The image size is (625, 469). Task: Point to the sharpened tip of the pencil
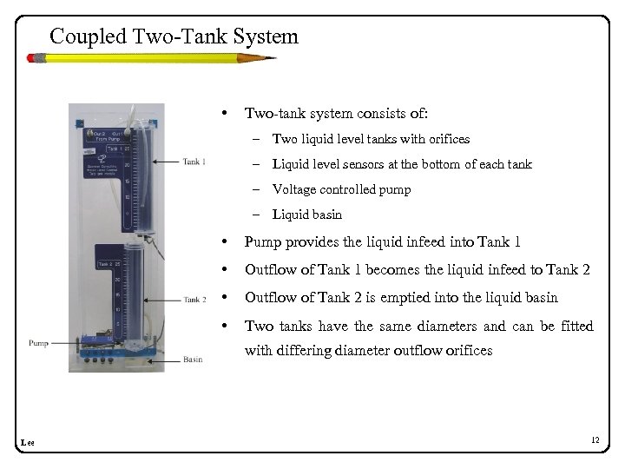tap(273, 58)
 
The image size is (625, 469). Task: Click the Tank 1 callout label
tap(194, 161)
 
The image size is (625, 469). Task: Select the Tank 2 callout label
tap(194, 300)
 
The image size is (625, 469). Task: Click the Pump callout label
tap(37, 341)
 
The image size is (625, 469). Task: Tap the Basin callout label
tap(194, 359)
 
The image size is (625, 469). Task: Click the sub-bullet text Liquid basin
tap(307, 215)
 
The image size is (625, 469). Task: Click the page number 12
tap(595, 441)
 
